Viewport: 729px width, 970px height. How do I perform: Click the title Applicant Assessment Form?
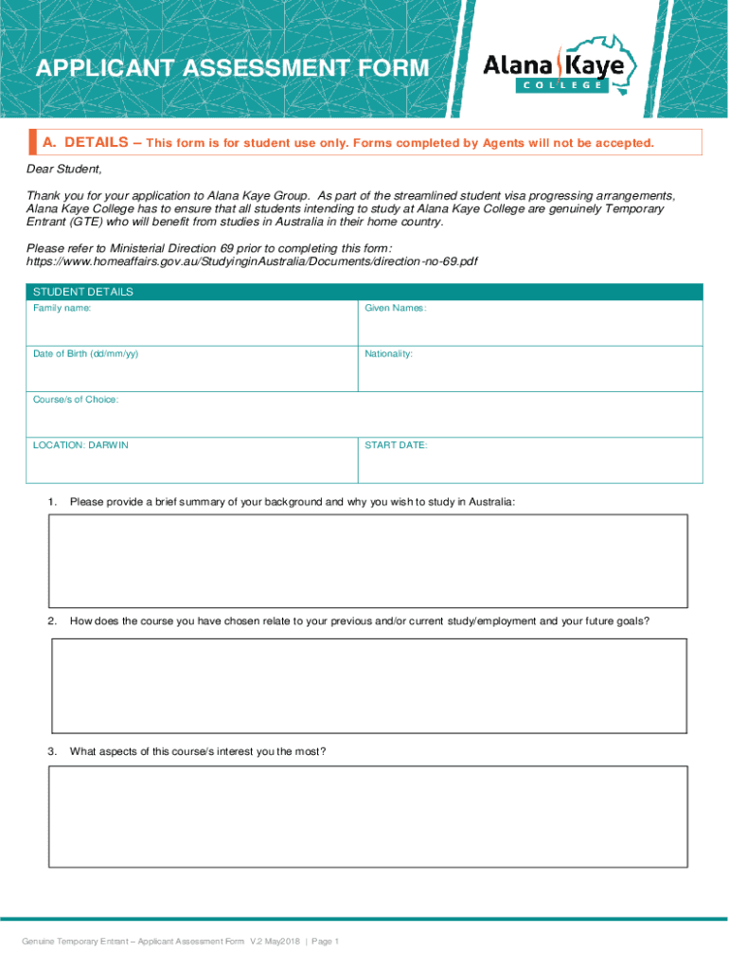231,68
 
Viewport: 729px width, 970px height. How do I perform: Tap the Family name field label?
62,308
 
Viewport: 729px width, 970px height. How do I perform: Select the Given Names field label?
396,308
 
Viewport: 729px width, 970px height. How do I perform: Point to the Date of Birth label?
85,353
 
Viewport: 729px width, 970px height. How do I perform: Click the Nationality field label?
388,353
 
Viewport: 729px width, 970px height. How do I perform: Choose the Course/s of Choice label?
76,400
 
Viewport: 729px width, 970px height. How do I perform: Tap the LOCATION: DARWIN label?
80,445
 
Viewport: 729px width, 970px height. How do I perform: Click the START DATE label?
396,445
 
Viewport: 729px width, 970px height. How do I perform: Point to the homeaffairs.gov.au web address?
252,260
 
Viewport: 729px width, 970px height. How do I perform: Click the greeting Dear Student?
63,170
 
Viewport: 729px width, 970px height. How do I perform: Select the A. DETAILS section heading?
84,142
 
